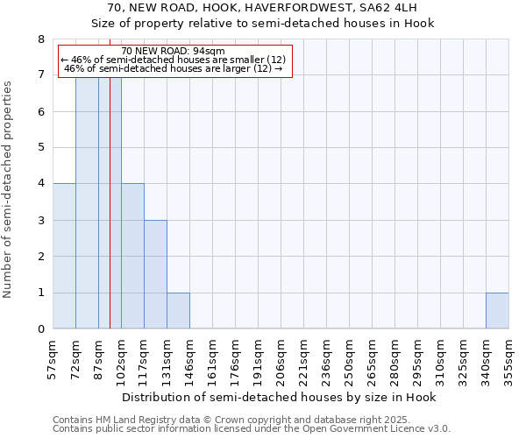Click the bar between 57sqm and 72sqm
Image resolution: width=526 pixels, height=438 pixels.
pos(64,256)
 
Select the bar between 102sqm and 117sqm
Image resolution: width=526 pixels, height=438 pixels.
pos(132,256)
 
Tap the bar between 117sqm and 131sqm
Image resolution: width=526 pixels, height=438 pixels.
pos(155,274)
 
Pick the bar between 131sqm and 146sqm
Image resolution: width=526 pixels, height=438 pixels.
pos(178,310)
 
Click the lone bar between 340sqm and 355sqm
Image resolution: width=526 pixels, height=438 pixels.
pos(497,310)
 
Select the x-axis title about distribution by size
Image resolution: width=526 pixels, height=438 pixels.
pos(278,397)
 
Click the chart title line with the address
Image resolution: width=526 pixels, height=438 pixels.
pos(263,8)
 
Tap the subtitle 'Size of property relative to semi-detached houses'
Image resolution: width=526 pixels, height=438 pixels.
pos(263,23)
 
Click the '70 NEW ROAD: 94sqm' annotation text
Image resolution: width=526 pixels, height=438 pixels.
pos(174,51)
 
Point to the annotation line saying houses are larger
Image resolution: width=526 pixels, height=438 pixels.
pos(174,68)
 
